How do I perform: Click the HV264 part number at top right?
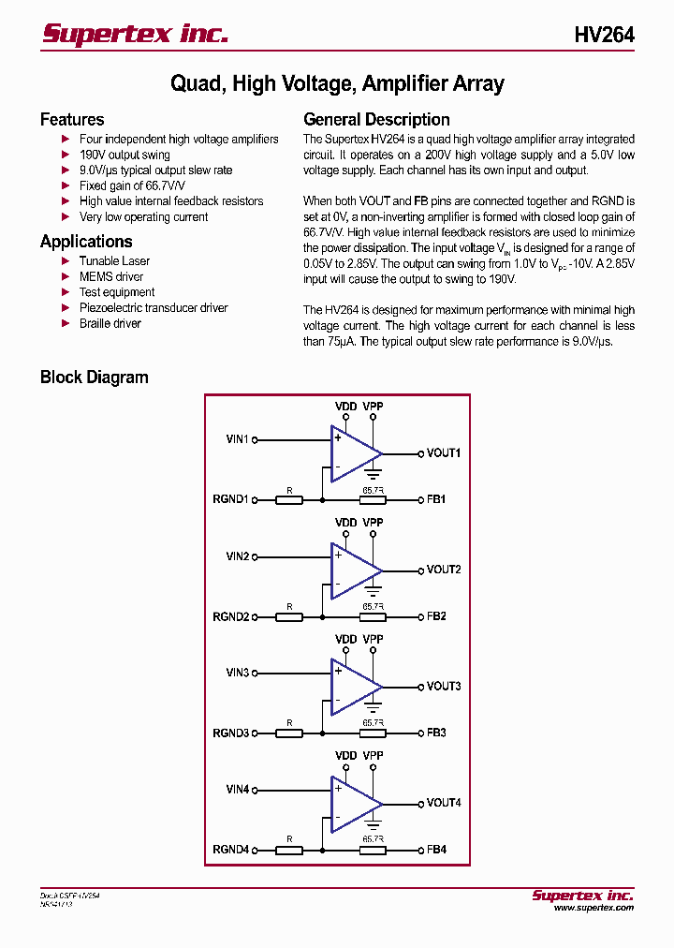(x=604, y=36)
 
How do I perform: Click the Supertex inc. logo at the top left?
(x=135, y=35)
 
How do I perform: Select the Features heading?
(x=72, y=120)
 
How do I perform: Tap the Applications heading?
(x=86, y=242)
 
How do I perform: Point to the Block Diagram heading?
(x=94, y=378)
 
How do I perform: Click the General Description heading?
(x=376, y=120)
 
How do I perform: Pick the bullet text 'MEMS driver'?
(x=110, y=276)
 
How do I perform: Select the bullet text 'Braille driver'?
(x=110, y=323)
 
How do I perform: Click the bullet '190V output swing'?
(x=125, y=155)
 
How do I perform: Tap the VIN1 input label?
(x=238, y=438)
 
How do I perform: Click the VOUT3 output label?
(x=444, y=687)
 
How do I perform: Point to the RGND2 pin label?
(x=231, y=616)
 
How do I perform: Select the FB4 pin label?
(x=436, y=850)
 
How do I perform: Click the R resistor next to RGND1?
(x=289, y=500)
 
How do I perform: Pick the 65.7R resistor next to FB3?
(x=373, y=733)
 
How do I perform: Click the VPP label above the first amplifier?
(x=373, y=407)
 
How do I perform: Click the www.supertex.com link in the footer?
(x=593, y=908)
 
